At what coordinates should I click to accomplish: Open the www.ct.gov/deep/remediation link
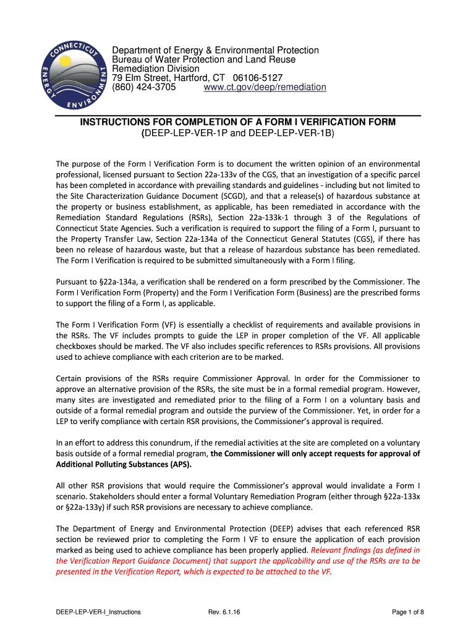point(265,87)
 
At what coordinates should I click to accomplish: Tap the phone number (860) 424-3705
point(144,87)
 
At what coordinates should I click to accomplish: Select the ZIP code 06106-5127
point(258,78)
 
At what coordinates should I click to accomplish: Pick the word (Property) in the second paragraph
point(181,292)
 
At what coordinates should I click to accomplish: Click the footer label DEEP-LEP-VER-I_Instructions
point(98,612)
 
